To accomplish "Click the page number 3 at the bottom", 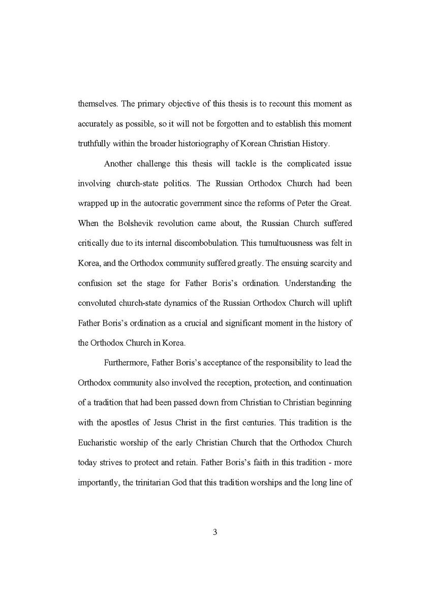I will [x=214, y=532].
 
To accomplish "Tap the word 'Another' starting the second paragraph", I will [x=118, y=164].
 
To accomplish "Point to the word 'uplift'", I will [x=342, y=303].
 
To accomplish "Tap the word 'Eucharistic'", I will [x=99, y=442].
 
